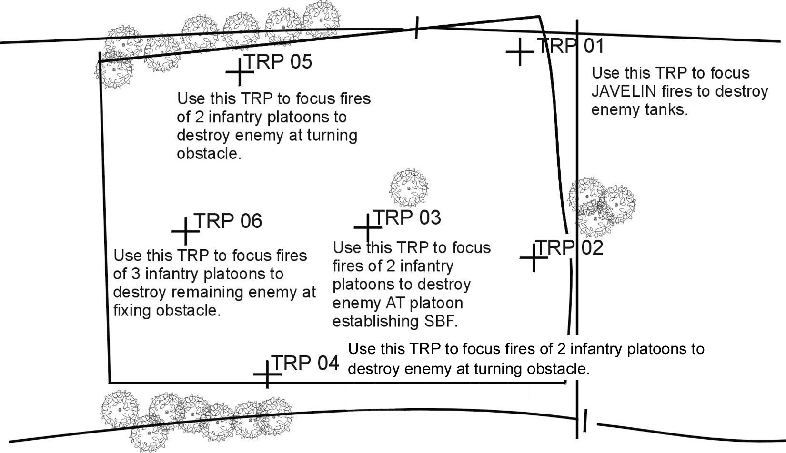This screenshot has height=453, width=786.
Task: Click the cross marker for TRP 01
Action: coord(519,52)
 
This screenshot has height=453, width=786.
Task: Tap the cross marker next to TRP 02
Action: coord(533,258)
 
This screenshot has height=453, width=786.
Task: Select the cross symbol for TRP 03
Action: coord(368,228)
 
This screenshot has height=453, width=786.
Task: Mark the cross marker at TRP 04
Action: coord(267,374)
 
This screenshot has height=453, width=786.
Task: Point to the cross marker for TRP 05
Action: coord(239,72)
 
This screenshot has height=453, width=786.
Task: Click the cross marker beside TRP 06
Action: coord(185,232)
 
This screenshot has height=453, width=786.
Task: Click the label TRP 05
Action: coord(278,61)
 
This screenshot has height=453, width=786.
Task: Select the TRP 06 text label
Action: coord(228,221)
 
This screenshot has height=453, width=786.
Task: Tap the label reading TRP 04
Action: coord(305,363)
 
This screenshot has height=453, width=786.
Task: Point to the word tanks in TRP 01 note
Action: coord(668,110)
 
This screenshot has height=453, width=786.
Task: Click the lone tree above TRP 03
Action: coord(409,187)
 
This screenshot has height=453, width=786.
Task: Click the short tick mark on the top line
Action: coord(417,28)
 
